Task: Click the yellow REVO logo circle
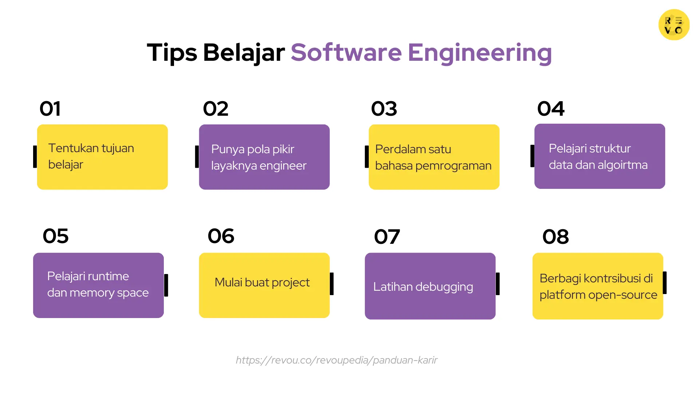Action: (x=674, y=25)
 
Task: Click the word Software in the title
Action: (x=346, y=52)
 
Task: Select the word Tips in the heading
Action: (x=172, y=53)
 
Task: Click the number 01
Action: (x=50, y=108)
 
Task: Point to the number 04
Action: (x=551, y=108)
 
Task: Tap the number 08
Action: (x=556, y=237)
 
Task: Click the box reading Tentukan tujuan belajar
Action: (x=102, y=157)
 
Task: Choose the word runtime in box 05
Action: (x=108, y=276)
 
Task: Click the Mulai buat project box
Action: (x=264, y=285)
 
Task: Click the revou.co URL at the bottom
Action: (x=336, y=360)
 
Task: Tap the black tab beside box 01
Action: (x=35, y=157)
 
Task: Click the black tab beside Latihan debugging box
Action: (x=498, y=284)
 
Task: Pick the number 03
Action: (x=384, y=108)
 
